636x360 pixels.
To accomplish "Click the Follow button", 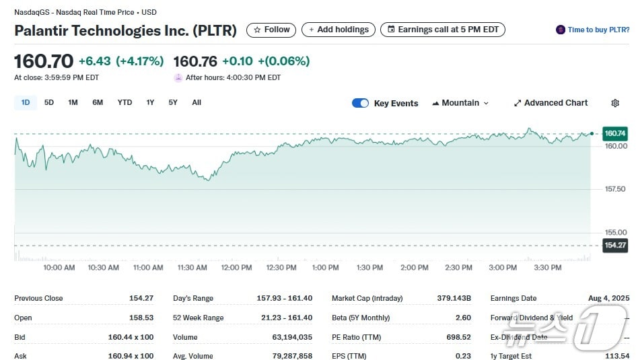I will tap(271, 30).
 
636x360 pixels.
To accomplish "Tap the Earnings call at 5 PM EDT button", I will tap(442, 30).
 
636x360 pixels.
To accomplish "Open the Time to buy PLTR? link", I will tap(593, 30).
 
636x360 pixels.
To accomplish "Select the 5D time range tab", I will tap(49, 103).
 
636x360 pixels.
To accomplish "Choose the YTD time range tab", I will tap(125, 103).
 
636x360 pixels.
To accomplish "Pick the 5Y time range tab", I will tap(173, 103).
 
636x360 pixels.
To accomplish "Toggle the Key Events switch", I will tap(361, 103).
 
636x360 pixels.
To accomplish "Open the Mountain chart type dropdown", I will tap(460, 103).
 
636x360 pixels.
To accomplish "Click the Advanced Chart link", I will tap(551, 103).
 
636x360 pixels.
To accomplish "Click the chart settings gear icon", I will tap(615, 103).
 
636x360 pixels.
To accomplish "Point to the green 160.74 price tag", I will tap(615, 133).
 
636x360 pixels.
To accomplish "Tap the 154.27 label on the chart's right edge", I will tap(615, 245).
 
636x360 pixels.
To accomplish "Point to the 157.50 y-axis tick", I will tap(615, 189).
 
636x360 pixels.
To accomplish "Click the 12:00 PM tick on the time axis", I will tap(237, 268).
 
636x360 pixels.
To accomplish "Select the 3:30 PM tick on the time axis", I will tap(547, 268).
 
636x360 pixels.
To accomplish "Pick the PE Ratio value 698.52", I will tap(458, 336).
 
